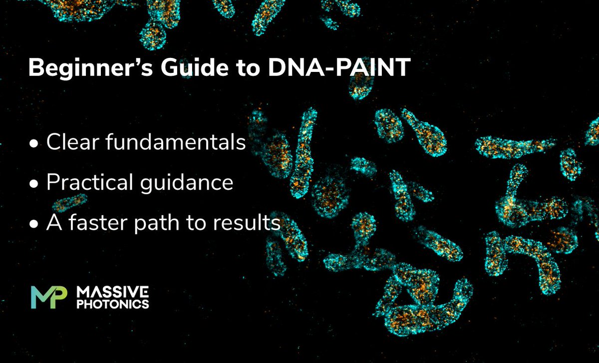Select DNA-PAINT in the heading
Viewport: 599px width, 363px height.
pyautogui.click(x=339, y=68)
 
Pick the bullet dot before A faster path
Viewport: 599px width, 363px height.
pyautogui.click(x=34, y=225)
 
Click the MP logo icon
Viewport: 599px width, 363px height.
pyautogui.click(x=48, y=297)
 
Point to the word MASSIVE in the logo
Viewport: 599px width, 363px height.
pyautogui.click(x=110, y=292)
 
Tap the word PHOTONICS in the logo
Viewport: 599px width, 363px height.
pyautogui.click(x=110, y=304)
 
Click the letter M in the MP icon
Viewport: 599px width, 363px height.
pyautogui.click(x=41, y=297)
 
